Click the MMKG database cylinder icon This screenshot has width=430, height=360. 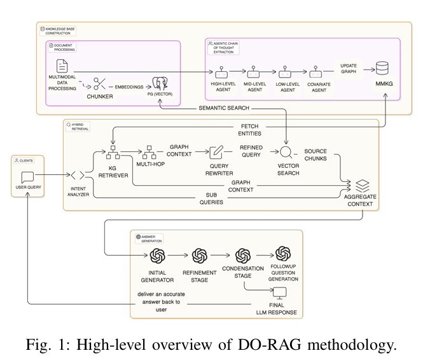384,68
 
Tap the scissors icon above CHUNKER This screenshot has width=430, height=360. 100,83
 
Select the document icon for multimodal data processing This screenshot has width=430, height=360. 62,66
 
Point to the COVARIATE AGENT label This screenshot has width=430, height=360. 317,87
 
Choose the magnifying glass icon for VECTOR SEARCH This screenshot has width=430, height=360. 288,152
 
